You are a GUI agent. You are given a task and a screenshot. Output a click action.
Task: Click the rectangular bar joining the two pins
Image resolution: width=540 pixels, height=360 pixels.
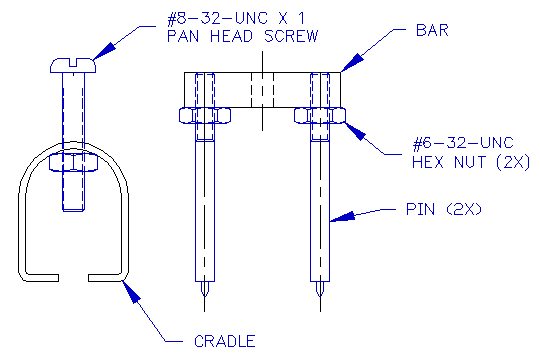pos(263,88)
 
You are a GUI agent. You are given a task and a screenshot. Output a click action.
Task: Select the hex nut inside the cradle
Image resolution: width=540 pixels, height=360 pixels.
pos(72,161)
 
